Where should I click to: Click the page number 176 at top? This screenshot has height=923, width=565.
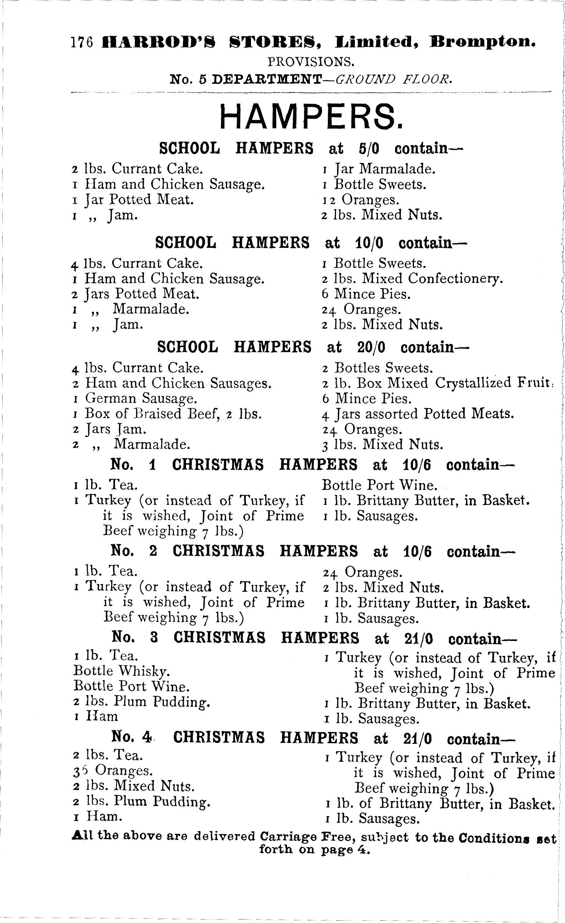[x=82, y=42]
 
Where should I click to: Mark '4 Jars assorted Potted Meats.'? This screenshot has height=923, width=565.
[x=418, y=414]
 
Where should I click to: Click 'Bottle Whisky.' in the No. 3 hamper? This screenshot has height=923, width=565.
[x=121, y=671]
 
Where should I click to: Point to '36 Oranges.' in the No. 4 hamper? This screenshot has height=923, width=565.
[x=112, y=771]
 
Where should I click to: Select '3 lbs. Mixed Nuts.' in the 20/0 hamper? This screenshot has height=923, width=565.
[x=383, y=445]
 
